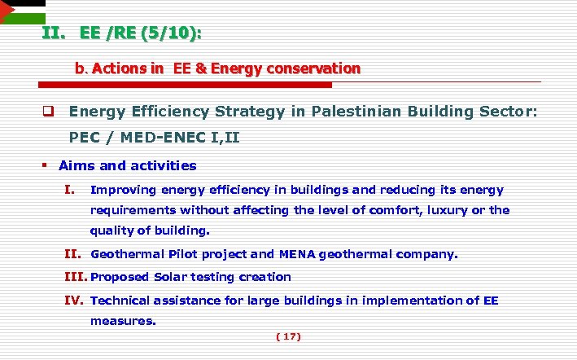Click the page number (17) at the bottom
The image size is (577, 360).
point(289,336)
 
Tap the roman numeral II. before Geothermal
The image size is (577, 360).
point(74,254)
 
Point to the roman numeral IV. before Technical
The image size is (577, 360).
point(74,301)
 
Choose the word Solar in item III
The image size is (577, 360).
point(170,277)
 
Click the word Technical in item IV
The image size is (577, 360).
point(121,301)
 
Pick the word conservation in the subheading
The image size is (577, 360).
point(312,69)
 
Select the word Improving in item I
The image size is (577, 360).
point(124,190)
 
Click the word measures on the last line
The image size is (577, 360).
point(122,321)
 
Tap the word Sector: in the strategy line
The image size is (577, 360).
point(506,112)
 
